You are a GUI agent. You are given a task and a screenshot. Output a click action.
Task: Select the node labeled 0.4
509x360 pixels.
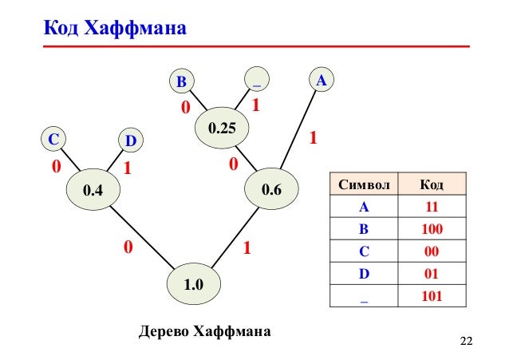93,190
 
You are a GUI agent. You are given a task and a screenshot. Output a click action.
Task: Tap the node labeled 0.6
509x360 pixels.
272,190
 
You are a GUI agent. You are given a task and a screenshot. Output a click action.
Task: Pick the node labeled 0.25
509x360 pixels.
223,128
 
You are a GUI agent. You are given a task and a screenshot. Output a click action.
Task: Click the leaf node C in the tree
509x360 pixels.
53,139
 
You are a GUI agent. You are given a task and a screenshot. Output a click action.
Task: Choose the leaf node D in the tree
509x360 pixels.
131,141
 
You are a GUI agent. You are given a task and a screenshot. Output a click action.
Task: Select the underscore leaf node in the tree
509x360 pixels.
256,81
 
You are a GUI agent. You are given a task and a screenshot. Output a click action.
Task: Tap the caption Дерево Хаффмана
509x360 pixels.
206,329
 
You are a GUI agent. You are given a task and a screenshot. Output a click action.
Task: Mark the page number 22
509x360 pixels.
467,342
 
